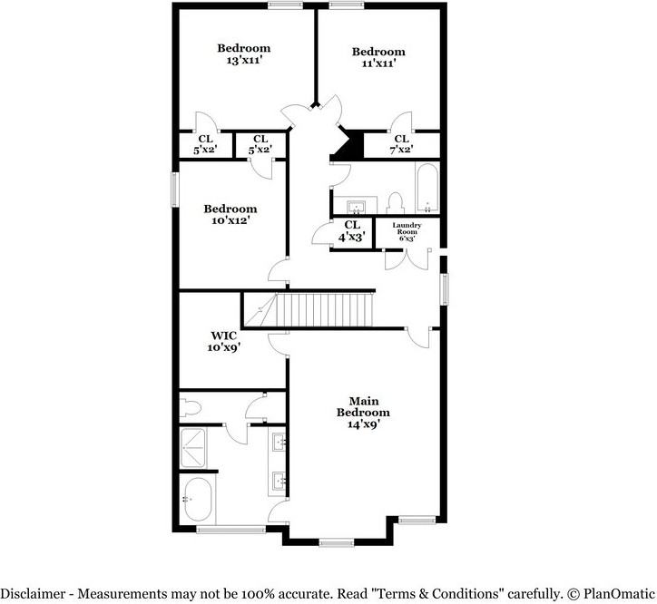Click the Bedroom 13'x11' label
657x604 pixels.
point(244,54)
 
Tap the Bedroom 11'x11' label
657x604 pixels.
point(378,58)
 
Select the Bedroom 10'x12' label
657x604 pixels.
point(230,214)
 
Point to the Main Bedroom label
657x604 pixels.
point(363,412)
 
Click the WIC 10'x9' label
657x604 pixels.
point(223,341)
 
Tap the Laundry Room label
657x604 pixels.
point(405,231)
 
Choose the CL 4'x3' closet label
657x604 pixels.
point(352,231)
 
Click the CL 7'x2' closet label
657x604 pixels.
point(401,145)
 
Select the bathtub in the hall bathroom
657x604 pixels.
point(427,187)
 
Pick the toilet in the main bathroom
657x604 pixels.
point(191,405)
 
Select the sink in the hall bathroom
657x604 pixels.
point(355,202)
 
